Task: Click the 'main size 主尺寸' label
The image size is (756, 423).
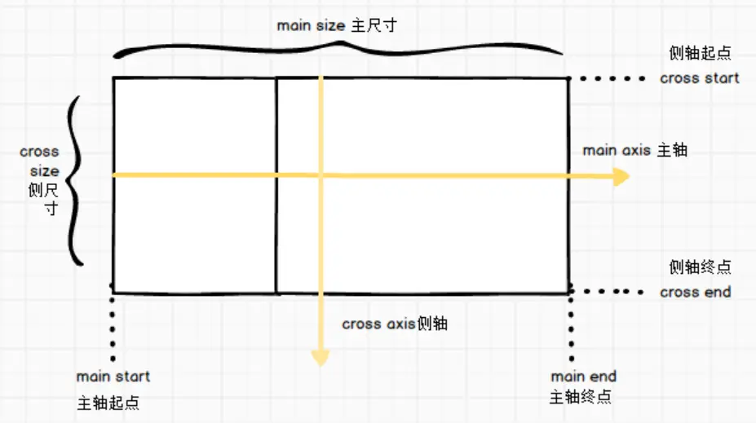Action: point(336,25)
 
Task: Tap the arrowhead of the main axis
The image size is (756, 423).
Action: point(621,176)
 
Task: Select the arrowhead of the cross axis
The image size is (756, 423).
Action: point(321,357)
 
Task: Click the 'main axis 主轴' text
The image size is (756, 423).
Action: point(634,151)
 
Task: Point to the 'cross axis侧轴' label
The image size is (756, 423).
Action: point(395,324)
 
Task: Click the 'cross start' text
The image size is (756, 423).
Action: point(699,78)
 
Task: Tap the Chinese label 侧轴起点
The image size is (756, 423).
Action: point(699,54)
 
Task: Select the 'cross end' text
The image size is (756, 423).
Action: point(695,292)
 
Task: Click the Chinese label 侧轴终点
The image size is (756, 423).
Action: point(700,267)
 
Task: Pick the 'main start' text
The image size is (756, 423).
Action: point(113,377)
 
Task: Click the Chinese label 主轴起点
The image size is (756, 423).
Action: point(108,403)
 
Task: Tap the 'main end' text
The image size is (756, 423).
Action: point(583,377)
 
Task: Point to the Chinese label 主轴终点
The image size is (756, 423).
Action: point(580,397)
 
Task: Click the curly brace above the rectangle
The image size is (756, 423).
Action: point(338,49)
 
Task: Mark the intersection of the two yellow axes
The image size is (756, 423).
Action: point(321,175)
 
